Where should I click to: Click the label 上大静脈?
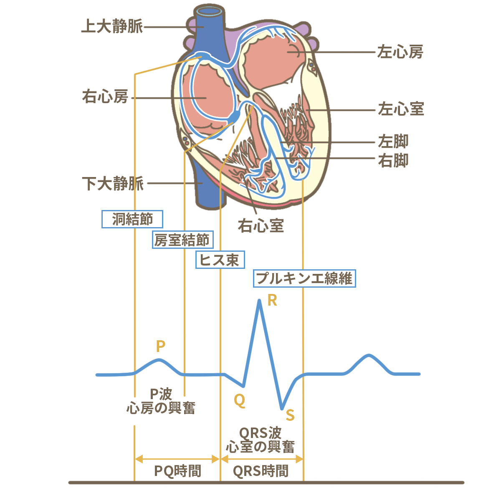point(112,26)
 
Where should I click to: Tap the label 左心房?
point(400,52)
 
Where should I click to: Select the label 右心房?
point(105,97)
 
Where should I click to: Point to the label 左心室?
point(401,109)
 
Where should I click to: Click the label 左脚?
point(393,142)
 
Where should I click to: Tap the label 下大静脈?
point(113,183)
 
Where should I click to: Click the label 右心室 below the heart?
point(261,226)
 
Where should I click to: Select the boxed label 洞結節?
point(132,219)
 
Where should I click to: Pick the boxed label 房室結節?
point(182,240)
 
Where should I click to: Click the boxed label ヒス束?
point(220,260)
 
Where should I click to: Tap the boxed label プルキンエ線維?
point(304,278)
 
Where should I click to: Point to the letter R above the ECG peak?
point(272,300)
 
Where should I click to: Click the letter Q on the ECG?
point(239,400)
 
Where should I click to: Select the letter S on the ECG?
point(290,415)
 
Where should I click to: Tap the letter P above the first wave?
point(160,346)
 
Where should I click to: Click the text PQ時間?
point(178,471)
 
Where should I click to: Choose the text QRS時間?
point(261,471)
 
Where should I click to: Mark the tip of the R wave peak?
point(260,301)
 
